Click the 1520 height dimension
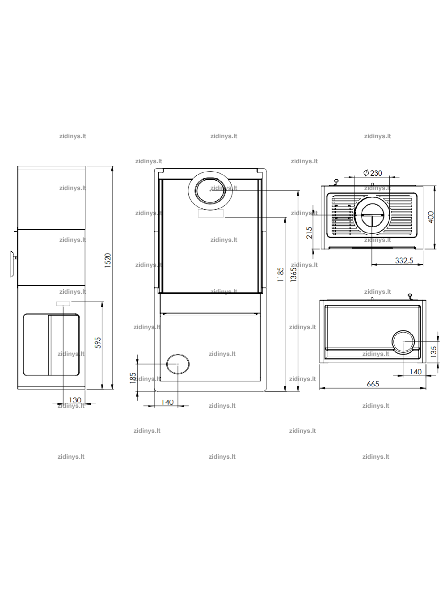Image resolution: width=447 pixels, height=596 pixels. tap(108, 260)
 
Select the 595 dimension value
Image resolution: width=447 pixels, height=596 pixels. tap(98, 342)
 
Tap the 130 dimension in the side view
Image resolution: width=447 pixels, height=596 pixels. tap(75, 400)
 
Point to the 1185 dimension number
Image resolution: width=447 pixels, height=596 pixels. tap(281, 275)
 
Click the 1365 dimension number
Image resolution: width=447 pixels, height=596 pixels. tap(293, 275)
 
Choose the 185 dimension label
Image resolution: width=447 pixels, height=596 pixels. tap(133, 378)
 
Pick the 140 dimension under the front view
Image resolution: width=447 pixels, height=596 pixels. tap(167, 402)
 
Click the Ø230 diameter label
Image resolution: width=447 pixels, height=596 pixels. tap(373, 173)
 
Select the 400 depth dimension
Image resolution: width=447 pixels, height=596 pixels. tap(431, 217)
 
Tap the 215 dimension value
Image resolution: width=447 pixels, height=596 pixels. tap(309, 233)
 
